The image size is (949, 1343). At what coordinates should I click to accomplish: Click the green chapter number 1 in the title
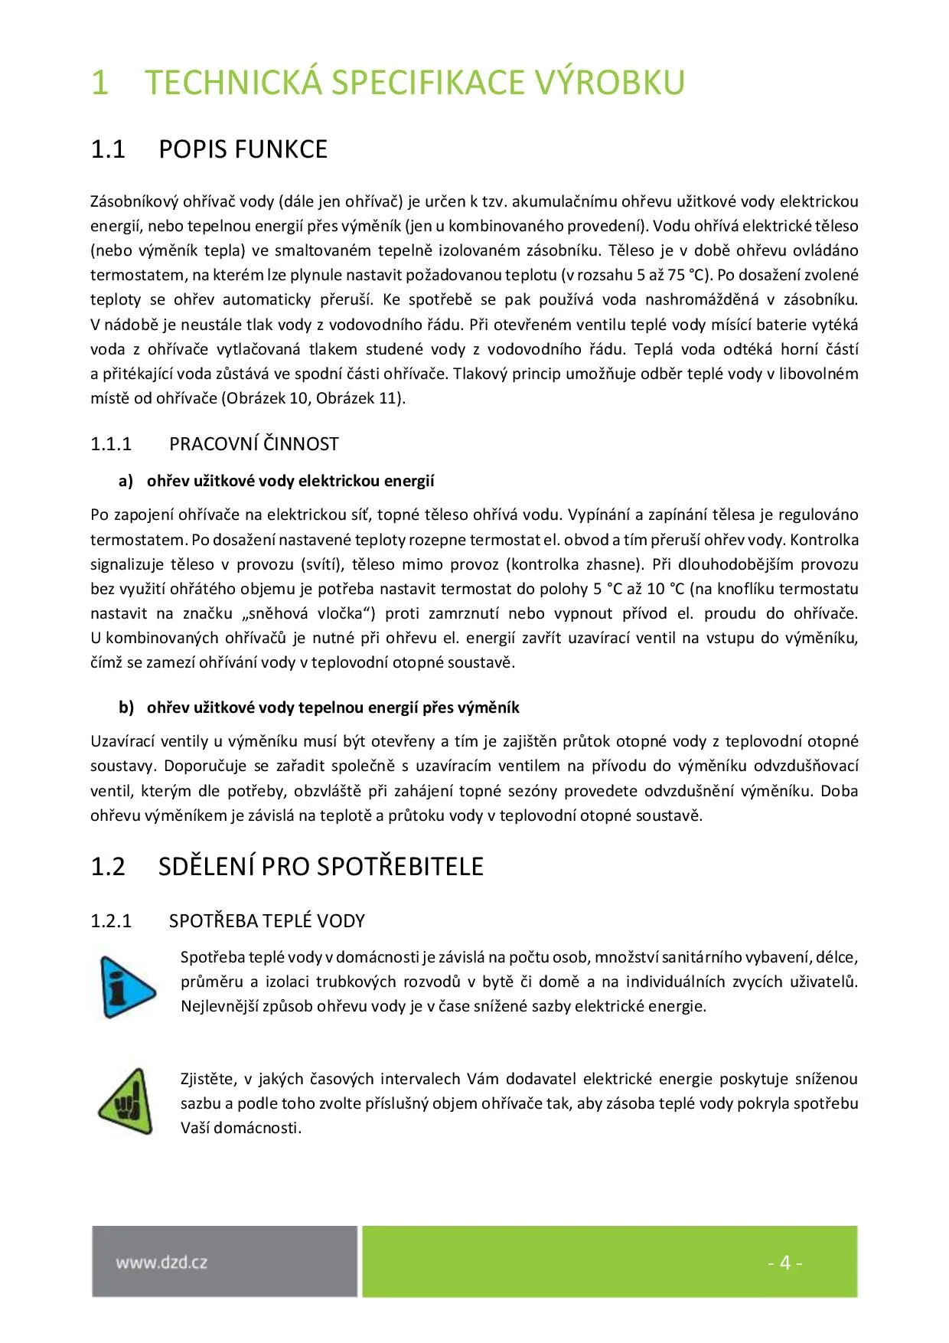99,83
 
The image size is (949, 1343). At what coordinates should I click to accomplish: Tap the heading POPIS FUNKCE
243,149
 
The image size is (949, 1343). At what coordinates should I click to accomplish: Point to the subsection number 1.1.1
111,444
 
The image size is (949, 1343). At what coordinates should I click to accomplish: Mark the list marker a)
126,481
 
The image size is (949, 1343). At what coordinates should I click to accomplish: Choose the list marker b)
126,707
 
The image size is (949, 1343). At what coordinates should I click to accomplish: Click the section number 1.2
108,867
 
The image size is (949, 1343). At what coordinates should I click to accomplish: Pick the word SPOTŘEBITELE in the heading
400,867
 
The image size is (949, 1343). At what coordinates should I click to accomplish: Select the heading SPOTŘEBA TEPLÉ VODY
267,921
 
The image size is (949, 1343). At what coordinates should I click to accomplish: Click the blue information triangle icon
126,987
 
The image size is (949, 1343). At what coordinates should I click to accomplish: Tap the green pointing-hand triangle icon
126,1103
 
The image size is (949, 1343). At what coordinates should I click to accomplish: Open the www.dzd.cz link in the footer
161,1263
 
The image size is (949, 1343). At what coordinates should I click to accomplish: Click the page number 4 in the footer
784,1263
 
